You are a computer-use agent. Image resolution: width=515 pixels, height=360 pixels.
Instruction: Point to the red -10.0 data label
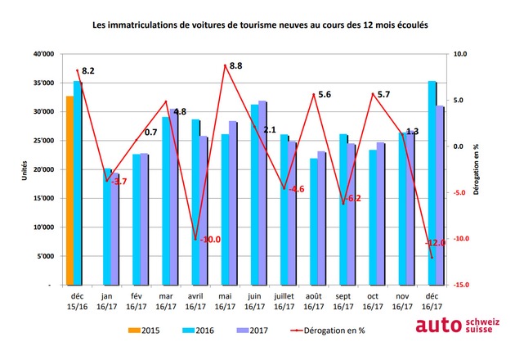coord(210,239)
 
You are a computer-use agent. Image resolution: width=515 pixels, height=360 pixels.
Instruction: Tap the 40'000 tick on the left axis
coord(43,54)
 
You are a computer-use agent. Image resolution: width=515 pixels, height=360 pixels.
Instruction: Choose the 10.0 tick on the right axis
coord(460,54)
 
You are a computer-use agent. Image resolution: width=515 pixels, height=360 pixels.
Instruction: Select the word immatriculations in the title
coord(146,25)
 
